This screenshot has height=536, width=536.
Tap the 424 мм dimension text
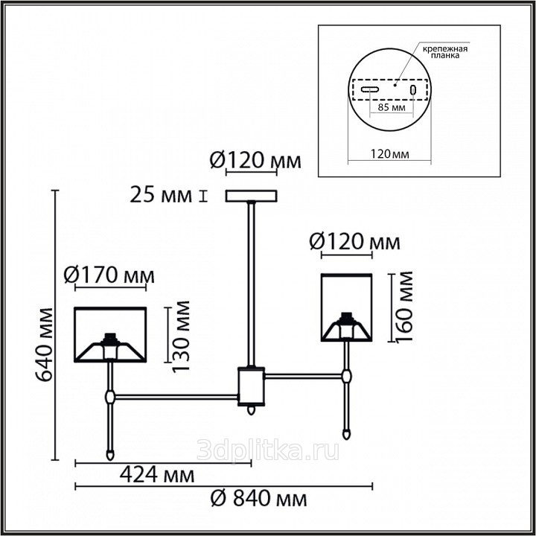pos(157,475)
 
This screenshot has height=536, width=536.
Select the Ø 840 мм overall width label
pos(259,499)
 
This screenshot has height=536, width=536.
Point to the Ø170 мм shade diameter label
pos(109,275)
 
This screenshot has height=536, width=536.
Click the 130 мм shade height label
pos(180,336)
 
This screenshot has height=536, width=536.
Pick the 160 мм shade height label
pos(404,307)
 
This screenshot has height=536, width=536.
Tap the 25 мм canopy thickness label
pos(161,196)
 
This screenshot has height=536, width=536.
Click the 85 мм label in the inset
pos(392,107)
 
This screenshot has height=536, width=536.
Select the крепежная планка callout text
pos(444,51)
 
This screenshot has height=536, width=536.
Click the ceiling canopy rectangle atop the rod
pos(252,197)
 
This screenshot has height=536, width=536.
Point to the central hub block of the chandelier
pos(252,386)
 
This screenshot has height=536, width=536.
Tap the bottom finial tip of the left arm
pos(110,459)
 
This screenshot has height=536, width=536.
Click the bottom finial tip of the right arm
pos(347,437)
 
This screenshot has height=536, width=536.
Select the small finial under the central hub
pos(252,410)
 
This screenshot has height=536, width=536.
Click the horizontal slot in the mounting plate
pos(370,90)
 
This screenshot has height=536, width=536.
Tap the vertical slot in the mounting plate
pos(413,90)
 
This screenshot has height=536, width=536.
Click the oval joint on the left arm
pos(109,398)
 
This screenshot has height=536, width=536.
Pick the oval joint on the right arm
pos(347,377)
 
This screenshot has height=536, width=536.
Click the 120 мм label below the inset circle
pos(389,154)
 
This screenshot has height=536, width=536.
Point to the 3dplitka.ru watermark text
pos(268,450)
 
